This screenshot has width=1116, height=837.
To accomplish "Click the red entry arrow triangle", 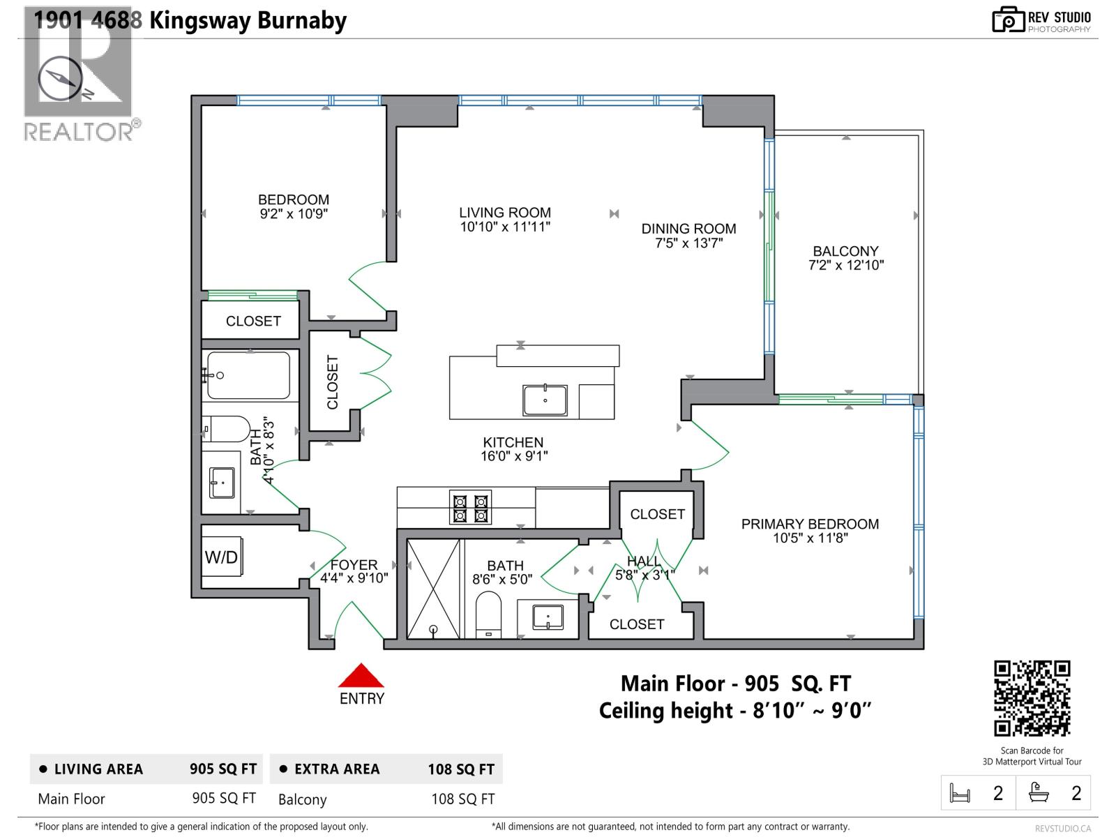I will (x=361, y=677).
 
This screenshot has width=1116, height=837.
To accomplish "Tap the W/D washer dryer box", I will (x=222, y=557).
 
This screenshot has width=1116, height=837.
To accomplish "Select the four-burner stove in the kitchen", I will (x=471, y=508).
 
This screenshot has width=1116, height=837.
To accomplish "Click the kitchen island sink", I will (x=545, y=400).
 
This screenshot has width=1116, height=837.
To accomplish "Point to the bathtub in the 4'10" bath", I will (x=248, y=375).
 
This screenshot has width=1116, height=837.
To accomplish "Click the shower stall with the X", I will (x=433, y=588).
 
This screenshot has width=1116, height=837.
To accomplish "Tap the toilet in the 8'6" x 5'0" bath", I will (x=488, y=614).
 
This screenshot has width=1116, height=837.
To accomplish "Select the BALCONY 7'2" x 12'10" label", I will (x=845, y=257).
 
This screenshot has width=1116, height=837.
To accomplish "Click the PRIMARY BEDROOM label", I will (x=810, y=524).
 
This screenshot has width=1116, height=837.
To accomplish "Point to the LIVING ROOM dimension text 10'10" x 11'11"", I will (x=505, y=227).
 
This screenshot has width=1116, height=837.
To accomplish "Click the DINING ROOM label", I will (x=688, y=229).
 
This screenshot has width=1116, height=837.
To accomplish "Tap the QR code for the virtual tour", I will (x=1032, y=698).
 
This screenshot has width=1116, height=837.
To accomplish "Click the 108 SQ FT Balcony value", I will (x=462, y=799).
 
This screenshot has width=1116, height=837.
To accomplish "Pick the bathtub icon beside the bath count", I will (x=1039, y=792).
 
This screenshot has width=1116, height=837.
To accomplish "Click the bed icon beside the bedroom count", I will (x=960, y=793).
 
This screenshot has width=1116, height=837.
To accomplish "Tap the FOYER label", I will (x=354, y=564).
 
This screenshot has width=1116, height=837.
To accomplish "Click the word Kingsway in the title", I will (x=199, y=20).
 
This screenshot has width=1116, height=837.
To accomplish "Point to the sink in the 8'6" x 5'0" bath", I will (x=548, y=617).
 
